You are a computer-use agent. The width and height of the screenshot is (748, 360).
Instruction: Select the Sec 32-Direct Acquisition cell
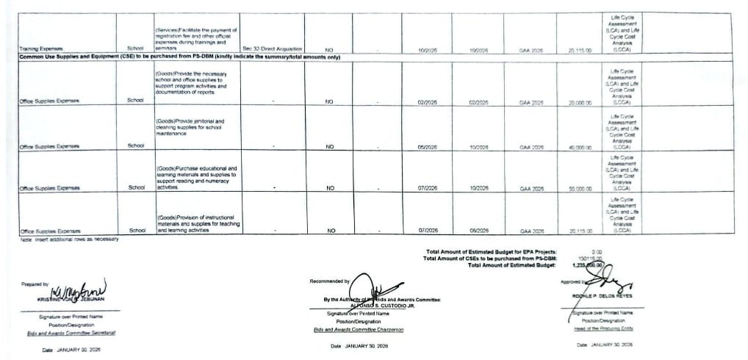click(272, 49)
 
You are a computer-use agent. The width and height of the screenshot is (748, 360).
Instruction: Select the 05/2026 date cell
click(427, 146)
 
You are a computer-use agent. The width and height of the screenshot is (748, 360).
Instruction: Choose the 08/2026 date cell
click(477, 231)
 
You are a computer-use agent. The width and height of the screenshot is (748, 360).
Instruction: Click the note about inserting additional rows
click(70, 239)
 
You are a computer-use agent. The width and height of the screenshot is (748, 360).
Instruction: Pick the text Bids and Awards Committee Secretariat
click(71, 333)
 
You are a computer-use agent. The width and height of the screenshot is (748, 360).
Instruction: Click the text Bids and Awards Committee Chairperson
click(358, 330)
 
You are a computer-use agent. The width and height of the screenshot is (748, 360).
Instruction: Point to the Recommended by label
click(328, 281)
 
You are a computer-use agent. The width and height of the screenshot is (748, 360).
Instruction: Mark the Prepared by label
click(35, 284)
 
